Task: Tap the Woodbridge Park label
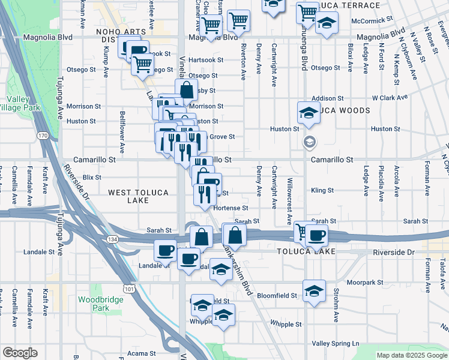click(x=92, y=303)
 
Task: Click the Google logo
click(x=20, y=353)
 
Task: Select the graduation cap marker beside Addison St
click(x=308, y=112)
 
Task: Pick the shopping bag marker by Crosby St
click(x=187, y=91)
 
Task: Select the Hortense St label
click(x=231, y=208)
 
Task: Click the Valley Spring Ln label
click(x=336, y=343)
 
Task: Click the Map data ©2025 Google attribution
click(x=412, y=355)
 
